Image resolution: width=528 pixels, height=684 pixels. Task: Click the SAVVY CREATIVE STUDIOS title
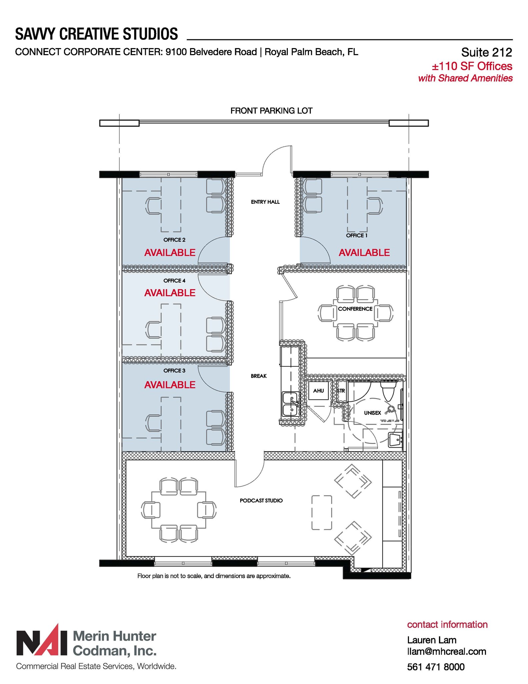pos(96,34)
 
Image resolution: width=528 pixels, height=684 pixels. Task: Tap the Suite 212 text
pos(486,52)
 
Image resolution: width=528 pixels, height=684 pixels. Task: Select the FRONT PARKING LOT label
pos(271,111)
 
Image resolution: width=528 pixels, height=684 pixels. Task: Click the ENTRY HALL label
pos(265,202)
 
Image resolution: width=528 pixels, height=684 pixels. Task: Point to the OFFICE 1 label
pos(357,235)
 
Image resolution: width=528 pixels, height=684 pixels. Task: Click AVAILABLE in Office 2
pos(170,252)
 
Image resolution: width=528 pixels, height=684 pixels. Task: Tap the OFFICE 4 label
pos(174,281)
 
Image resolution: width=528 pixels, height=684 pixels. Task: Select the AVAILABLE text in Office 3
pos(170,385)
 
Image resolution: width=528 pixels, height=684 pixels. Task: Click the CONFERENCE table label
pos(355,309)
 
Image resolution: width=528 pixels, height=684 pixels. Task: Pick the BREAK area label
pos(258,376)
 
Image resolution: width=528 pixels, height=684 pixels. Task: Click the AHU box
pos(318,390)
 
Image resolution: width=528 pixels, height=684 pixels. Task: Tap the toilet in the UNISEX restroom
pos(388,391)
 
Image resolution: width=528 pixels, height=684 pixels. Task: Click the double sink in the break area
pos(290,404)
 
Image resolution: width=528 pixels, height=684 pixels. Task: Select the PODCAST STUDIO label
pos(261,501)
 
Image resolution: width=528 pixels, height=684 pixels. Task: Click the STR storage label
pos(341,391)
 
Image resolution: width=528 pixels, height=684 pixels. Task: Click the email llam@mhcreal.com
pos(446,652)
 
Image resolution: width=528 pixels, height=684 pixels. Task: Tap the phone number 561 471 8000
pos(436,667)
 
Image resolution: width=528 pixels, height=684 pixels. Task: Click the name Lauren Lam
pos(432,640)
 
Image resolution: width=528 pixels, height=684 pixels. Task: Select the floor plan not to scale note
pos(214,576)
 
